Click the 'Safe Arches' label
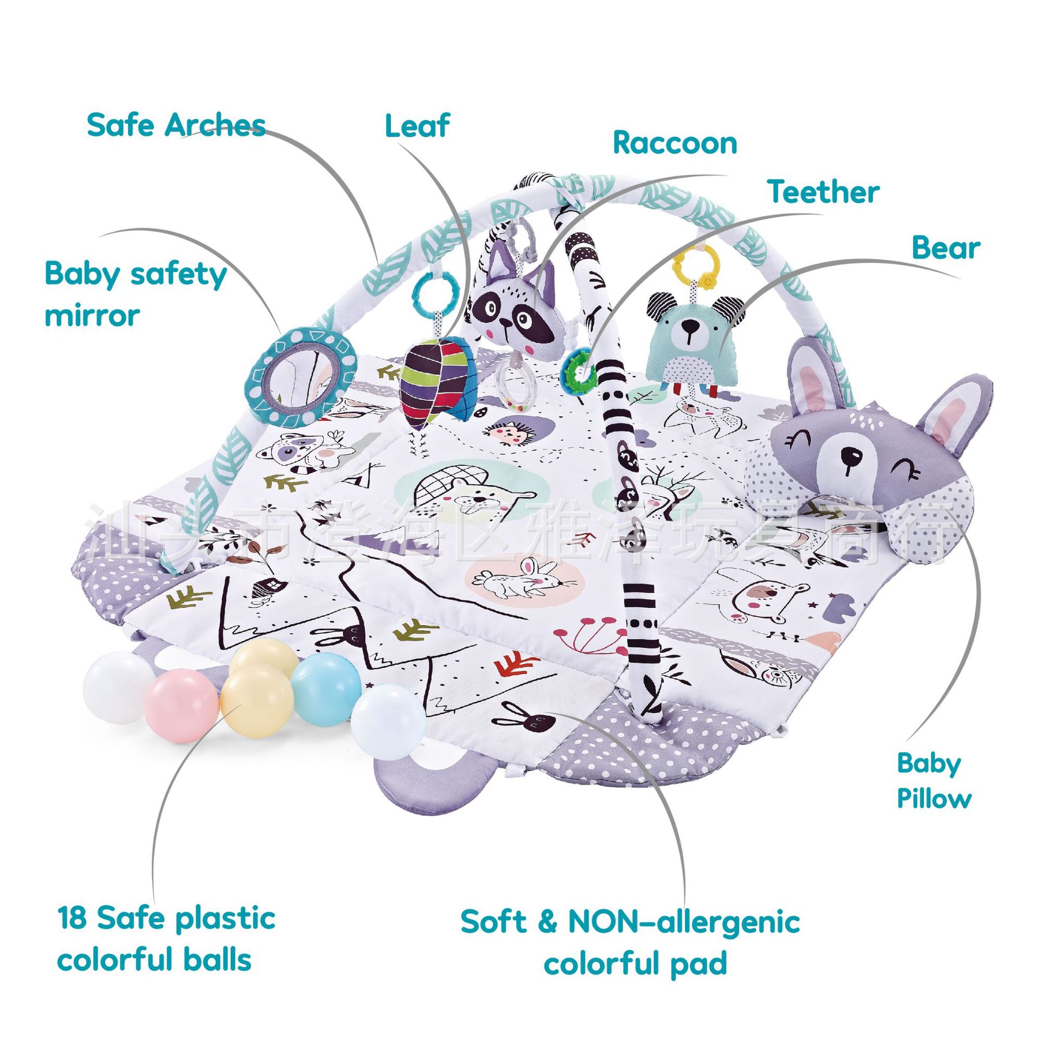[x=176, y=126]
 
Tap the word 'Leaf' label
[x=417, y=126]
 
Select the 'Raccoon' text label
[x=674, y=144]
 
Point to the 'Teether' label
[x=823, y=192]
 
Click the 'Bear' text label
[x=946, y=248]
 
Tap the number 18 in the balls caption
[x=72, y=918]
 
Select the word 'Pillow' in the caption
[x=934, y=799]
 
